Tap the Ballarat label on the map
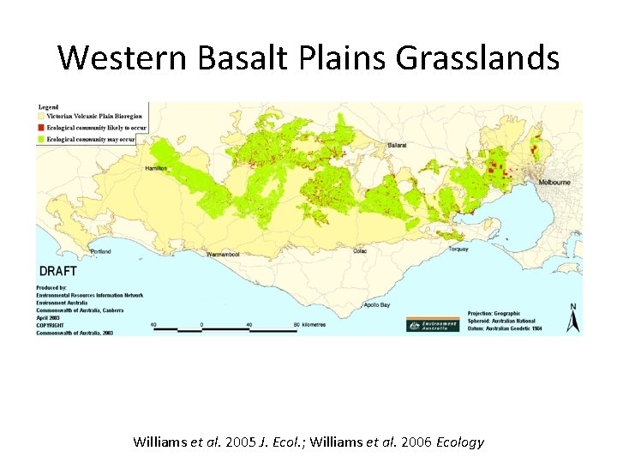397,147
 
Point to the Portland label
100,251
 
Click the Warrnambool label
223,254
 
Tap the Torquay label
458,250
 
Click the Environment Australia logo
433,324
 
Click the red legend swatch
40,127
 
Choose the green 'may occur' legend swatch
40,138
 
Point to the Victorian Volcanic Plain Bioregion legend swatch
40,116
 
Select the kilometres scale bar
225,328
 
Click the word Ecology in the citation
460,442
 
